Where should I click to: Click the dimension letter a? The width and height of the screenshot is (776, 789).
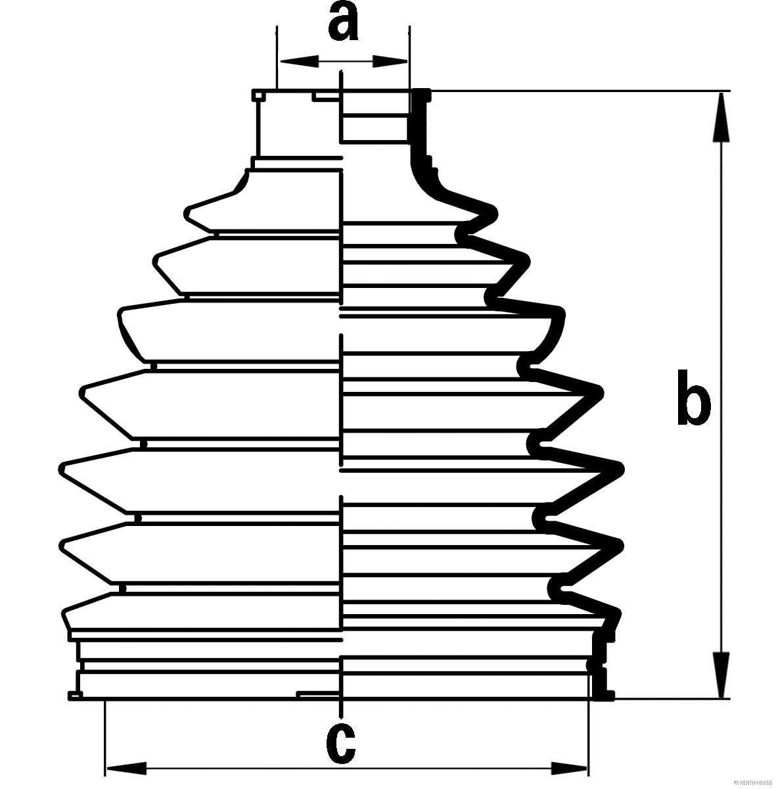pyautogui.click(x=342, y=22)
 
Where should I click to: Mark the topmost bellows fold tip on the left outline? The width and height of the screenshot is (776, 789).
pyautogui.click(x=188, y=212)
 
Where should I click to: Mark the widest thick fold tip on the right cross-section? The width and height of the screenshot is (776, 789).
pyautogui.click(x=620, y=467)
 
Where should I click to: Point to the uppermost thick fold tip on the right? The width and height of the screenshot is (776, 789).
pyautogui.click(x=494, y=212)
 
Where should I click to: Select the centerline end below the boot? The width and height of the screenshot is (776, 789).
pyautogui.click(x=341, y=714)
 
